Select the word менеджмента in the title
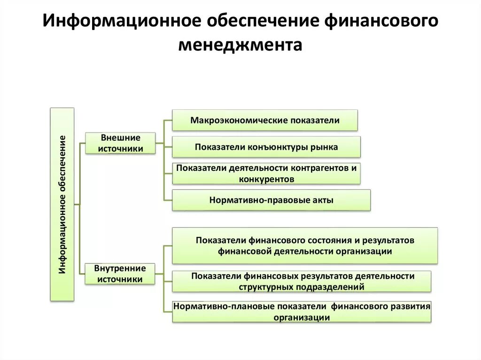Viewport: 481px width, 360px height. tap(240, 46)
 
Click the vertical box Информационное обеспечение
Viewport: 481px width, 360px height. tap(62, 204)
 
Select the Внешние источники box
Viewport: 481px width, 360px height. tap(120, 143)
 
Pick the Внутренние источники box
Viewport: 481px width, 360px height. tap(120, 274)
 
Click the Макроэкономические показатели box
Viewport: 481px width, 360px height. tap(265, 120)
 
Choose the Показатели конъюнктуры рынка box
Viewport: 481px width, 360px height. tap(266, 147)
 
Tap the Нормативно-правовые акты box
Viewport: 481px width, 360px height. tap(272, 200)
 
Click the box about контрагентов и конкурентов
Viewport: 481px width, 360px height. tap(266, 173)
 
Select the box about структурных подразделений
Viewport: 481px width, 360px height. tap(302, 281)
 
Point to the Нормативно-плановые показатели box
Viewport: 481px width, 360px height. tap(302, 312)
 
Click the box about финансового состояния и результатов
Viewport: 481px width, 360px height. tap(305, 245)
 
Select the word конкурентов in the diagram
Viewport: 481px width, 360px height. tap(266, 179)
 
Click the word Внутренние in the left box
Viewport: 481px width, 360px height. tap(120, 268)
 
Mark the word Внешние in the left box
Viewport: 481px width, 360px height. tap(121, 138)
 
